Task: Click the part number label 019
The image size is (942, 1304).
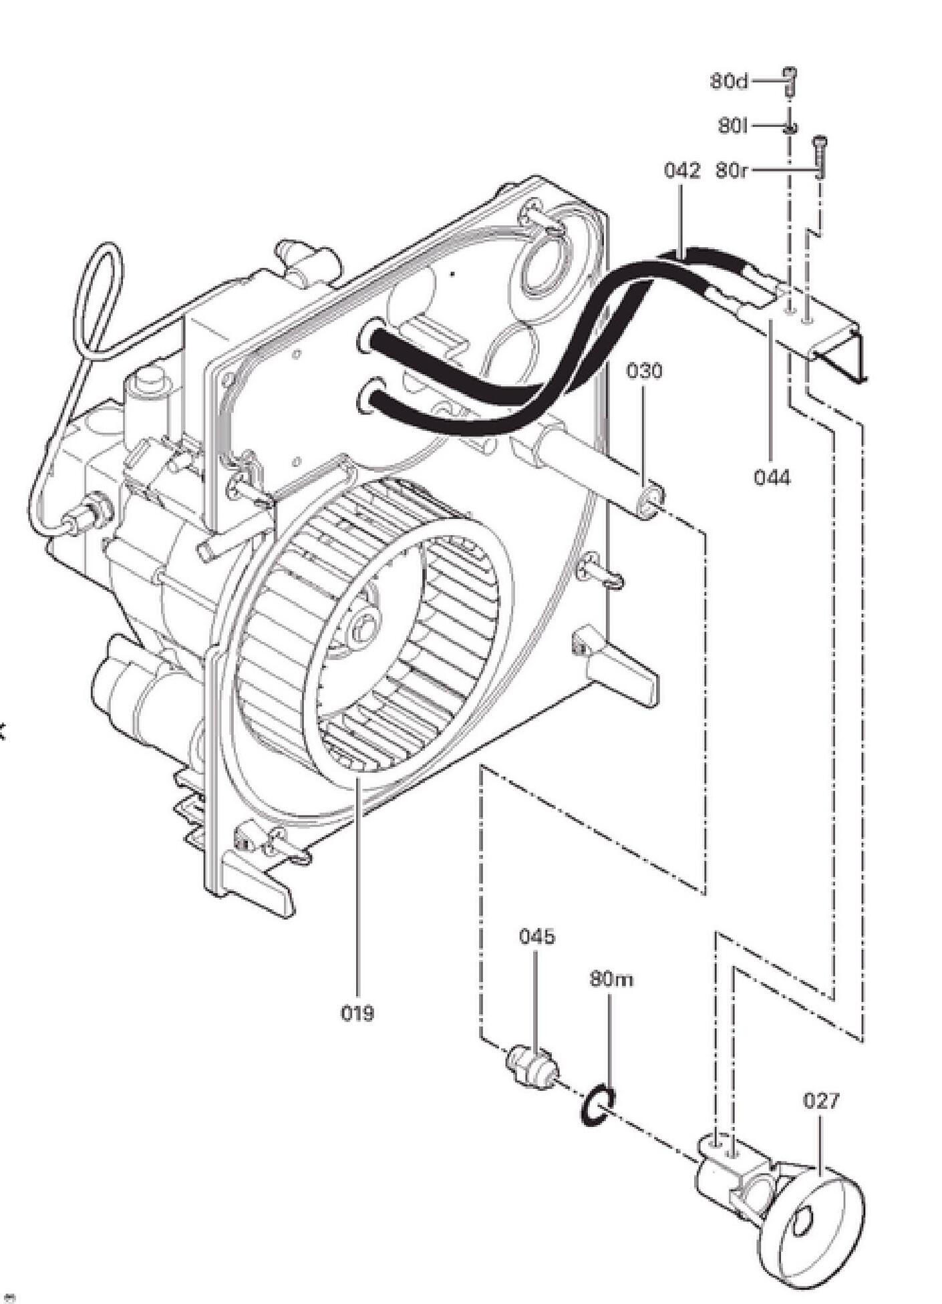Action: tap(357, 1014)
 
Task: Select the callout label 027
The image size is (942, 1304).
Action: tap(820, 1101)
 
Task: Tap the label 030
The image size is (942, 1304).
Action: tap(644, 371)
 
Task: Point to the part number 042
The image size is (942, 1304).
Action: tap(682, 170)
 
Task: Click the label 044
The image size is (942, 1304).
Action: tap(772, 478)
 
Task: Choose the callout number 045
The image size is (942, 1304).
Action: tap(536, 937)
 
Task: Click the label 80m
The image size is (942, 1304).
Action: tap(611, 979)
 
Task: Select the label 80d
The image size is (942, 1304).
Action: tap(729, 81)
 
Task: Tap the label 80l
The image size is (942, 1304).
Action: tap(733, 125)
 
